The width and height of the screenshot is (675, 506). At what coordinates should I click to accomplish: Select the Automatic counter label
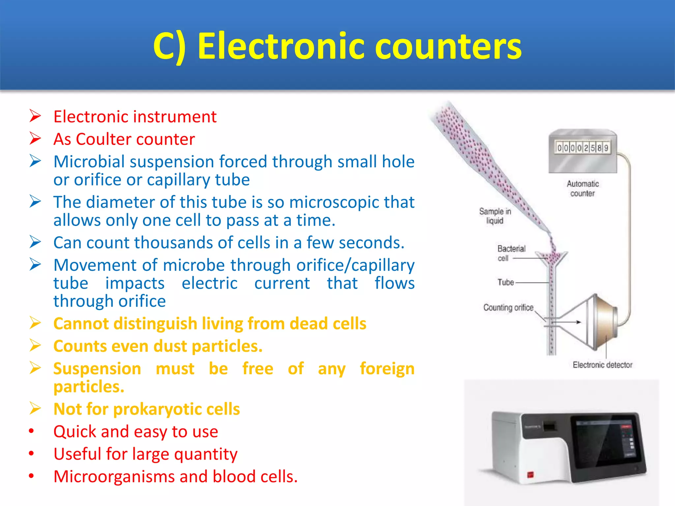pyautogui.click(x=583, y=188)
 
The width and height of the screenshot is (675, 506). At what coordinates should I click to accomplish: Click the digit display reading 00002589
pyautogui.click(x=582, y=148)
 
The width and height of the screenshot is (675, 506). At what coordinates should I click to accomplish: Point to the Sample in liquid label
pyautogui.click(x=495, y=216)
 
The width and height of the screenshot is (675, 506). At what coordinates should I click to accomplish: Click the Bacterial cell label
pyautogui.click(x=511, y=253)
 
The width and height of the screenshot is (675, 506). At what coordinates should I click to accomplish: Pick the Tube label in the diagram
pyautogui.click(x=506, y=282)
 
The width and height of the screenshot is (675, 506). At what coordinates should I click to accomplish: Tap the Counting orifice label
pyautogui.click(x=508, y=307)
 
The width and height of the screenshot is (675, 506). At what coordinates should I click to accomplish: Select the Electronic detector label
pyautogui.click(x=602, y=365)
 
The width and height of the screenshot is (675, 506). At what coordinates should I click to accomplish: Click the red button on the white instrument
pyautogui.click(x=530, y=475)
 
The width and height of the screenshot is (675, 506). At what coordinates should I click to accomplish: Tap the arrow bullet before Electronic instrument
pyautogui.click(x=35, y=116)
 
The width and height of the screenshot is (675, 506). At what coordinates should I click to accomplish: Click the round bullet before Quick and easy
pyautogui.click(x=31, y=431)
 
